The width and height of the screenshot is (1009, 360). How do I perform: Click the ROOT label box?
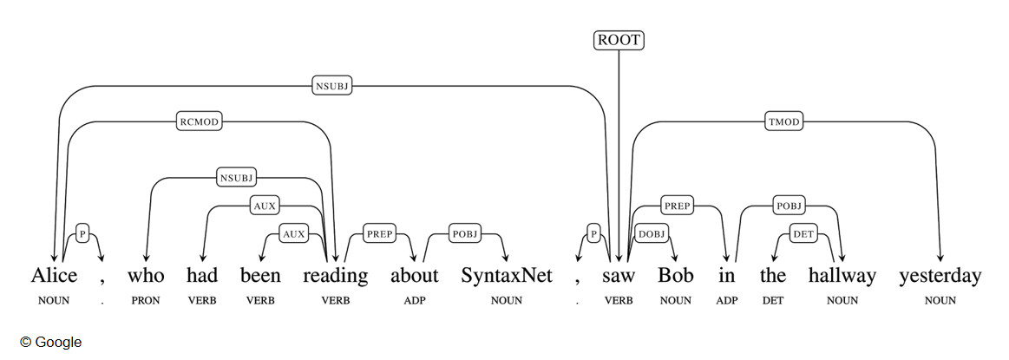[619, 40]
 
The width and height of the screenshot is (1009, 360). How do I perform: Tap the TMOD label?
[783, 122]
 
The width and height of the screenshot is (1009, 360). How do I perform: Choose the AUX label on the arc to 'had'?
[264, 206]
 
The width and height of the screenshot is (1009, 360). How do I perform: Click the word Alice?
[54, 277]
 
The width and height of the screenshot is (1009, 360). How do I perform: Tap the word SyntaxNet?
[507, 277]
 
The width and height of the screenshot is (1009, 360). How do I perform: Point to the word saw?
[619, 277]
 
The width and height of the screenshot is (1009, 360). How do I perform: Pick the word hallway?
[842, 277]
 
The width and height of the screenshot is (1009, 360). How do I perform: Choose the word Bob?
[675, 277]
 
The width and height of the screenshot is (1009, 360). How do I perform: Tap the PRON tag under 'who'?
[146, 301]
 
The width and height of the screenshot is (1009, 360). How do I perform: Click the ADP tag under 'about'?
[414, 301]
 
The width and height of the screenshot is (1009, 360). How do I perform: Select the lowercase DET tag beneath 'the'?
[772, 301]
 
